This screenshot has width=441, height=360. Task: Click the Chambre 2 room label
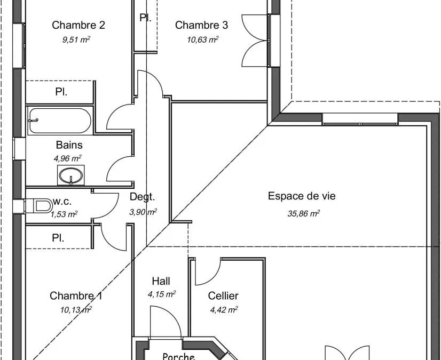pyautogui.click(x=78, y=25)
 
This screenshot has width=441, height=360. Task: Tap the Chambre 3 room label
pyautogui.click(x=201, y=25)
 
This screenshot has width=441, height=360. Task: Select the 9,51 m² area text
pyautogui.click(x=76, y=39)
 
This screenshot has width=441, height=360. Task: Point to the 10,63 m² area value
pyautogui.click(x=203, y=39)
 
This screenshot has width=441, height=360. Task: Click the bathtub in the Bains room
pyautogui.click(x=60, y=121)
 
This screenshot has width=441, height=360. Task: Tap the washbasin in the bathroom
pyautogui.click(x=71, y=175)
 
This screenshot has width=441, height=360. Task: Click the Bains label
pyautogui.click(x=69, y=145)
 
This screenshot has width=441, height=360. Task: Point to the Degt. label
pyautogui.click(x=143, y=197)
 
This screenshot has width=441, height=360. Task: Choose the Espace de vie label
pyautogui.click(x=302, y=196)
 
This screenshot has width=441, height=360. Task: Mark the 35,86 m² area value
pyautogui.click(x=303, y=213)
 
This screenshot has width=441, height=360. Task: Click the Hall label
pyautogui.click(x=161, y=281)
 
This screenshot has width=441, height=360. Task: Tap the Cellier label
pyautogui.click(x=223, y=295)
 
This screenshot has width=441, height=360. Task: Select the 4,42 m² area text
pyautogui.click(x=224, y=310)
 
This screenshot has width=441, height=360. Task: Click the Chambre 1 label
pyautogui.click(x=76, y=295)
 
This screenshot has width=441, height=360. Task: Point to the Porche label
pyautogui.click(x=179, y=356)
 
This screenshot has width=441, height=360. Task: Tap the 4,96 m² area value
pyautogui.click(x=67, y=158)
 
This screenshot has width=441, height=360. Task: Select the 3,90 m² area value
pyautogui.click(x=143, y=212)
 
